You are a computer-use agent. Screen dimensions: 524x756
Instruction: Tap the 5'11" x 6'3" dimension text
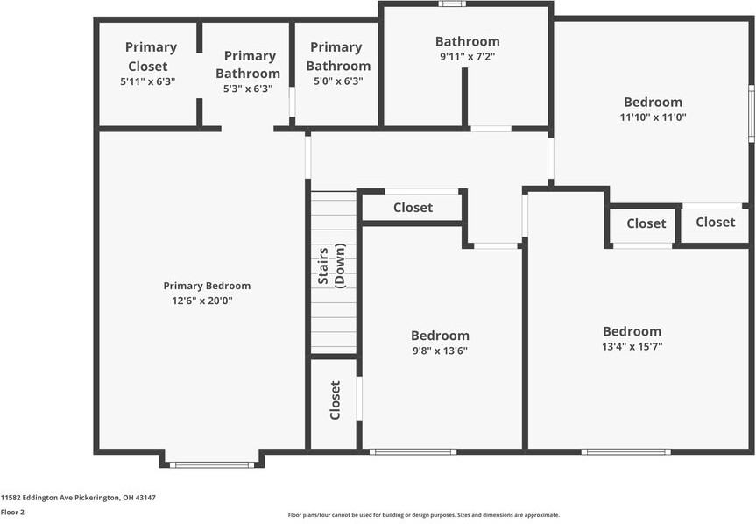tap(147, 81)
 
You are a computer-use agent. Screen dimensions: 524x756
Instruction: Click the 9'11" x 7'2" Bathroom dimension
tap(468, 56)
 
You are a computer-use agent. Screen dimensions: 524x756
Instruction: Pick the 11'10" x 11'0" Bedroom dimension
tap(654, 117)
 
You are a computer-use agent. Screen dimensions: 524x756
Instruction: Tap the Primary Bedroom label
tap(207, 286)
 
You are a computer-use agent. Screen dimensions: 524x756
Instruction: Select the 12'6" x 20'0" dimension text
tap(202, 301)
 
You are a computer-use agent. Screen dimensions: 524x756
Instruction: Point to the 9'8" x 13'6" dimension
tap(439, 351)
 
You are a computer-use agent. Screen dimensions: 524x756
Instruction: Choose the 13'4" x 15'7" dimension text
tap(632, 346)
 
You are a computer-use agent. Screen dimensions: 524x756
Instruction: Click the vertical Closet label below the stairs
tap(335, 400)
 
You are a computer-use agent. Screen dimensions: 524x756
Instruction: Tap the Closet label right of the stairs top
tap(413, 208)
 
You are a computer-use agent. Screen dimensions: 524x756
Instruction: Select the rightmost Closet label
tap(716, 222)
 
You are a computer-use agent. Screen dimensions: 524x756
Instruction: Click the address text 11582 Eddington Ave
tap(78, 497)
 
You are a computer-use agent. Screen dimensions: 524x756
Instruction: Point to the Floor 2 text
tap(12, 512)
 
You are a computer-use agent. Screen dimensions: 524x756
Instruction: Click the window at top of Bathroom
tap(452, 4)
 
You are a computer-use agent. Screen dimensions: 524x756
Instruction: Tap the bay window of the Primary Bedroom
tap(211, 464)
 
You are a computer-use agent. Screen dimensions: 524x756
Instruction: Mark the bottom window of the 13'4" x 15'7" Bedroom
tap(625, 451)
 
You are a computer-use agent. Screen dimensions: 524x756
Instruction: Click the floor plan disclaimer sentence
tap(424, 515)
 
